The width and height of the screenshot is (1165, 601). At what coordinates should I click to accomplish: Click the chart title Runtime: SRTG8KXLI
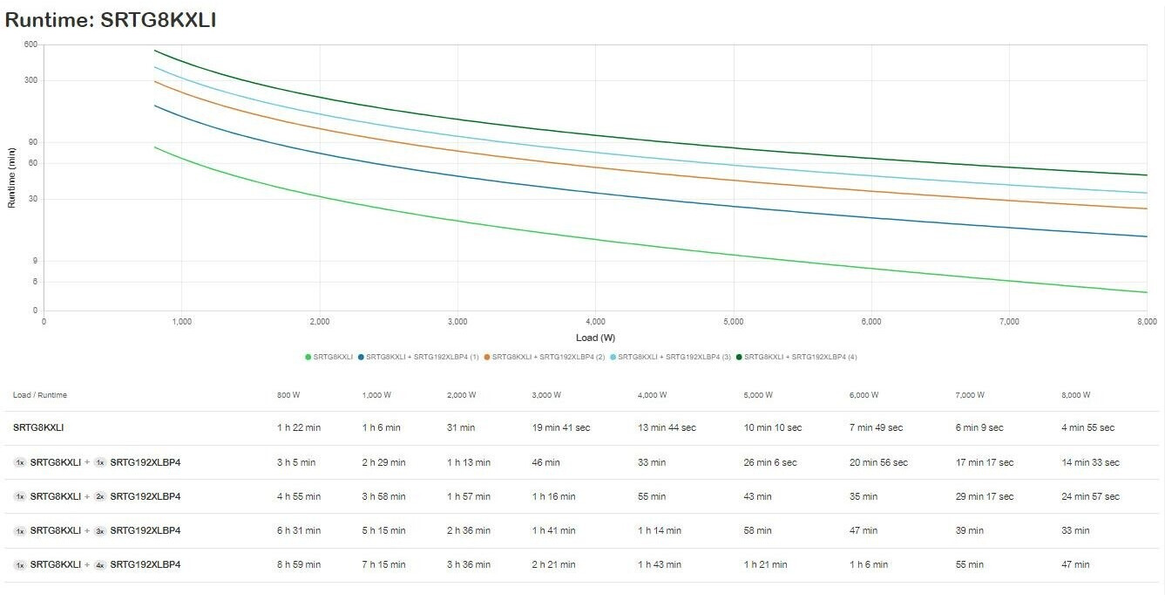tap(111, 20)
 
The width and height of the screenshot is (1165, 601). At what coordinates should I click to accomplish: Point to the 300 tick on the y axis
tap(30, 80)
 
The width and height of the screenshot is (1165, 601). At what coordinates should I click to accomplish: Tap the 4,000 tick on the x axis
tap(595, 321)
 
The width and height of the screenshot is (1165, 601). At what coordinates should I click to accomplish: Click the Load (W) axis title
tap(595, 338)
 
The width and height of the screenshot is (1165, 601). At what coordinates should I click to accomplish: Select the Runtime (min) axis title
tap(11, 178)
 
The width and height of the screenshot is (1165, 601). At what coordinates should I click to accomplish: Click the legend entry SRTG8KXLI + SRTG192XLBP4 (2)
tap(545, 357)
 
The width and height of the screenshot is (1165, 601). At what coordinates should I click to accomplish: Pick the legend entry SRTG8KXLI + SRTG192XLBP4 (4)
tap(796, 357)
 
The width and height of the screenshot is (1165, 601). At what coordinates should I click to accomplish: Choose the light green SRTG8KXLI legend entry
tap(329, 357)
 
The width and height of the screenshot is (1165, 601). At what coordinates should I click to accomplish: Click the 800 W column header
tap(288, 395)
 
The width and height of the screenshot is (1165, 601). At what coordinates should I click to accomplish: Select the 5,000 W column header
tap(758, 395)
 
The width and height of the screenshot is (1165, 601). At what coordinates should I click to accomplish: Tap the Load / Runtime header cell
tap(40, 395)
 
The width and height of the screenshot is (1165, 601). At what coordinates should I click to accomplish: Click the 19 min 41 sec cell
tap(561, 427)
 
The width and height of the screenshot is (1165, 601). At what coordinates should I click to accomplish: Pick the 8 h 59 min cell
tap(299, 564)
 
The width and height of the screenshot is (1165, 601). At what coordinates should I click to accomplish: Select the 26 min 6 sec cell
tap(770, 462)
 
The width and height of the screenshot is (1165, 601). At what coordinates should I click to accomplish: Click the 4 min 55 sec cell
tap(1088, 427)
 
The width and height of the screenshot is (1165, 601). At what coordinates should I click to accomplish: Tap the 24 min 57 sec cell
tap(1091, 496)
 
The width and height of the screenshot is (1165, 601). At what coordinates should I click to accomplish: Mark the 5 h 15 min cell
tap(383, 530)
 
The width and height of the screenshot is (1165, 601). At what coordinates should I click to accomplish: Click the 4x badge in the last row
tap(100, 565)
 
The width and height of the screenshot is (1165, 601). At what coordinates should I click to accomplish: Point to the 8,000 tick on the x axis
tap(1147, 321)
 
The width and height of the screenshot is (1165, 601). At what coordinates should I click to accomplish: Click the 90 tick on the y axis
tap(33, 142)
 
